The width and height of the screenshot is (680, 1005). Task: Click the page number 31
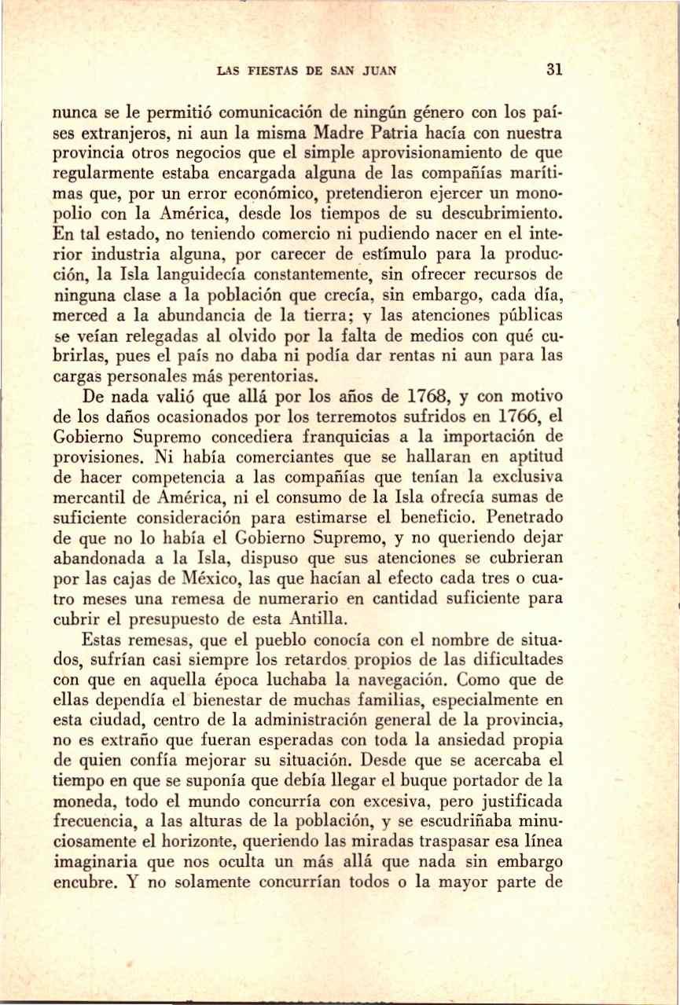pos(553,69)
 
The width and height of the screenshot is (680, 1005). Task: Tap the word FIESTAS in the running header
pos(268,71)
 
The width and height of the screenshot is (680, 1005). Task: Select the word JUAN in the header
pos(379,71)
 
